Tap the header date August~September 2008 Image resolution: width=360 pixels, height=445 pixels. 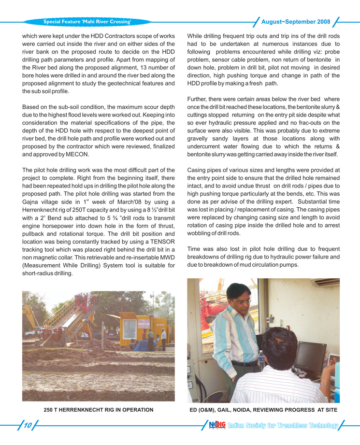click(295, 22)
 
